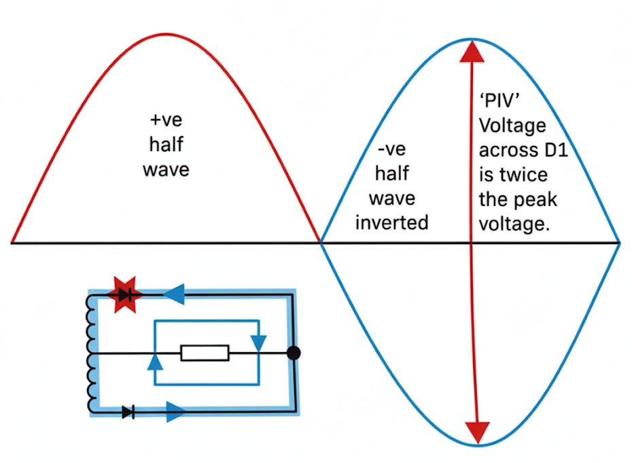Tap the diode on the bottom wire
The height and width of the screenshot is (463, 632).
pos(128,411)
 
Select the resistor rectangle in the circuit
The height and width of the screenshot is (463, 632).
pos(205,353)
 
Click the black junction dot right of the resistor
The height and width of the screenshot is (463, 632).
pos(294,353)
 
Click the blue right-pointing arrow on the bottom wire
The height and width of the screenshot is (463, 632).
pos(175,411)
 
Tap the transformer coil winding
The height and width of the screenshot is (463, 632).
pos(91,354)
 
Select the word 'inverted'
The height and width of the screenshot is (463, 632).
pos(391,222)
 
